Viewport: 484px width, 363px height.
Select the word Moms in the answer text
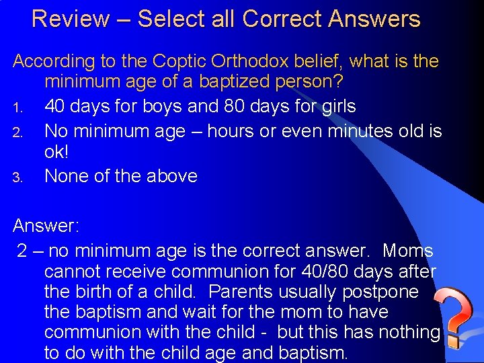pos(408,251)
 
